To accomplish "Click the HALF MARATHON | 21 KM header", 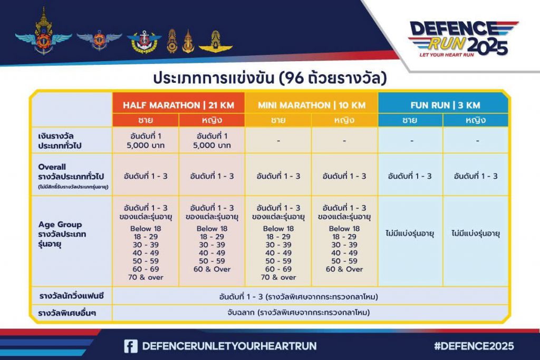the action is pyautogui.click(x=178, y=105).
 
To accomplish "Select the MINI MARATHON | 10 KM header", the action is pyautogui.click(x=312, y=105).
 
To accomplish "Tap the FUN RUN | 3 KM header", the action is pyautogui.click(x=445, y=105).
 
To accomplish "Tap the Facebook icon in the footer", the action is pyautogui.click(x=131, y=346).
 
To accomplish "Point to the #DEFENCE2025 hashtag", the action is pyautogui.click(x=474, y=346).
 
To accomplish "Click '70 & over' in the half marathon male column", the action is pyautogui.click(x=146, y=277).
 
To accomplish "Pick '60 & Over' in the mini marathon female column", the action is pyautogui.click(x=344, y=269).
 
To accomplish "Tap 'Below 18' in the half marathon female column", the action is pyautogui.click(x=212, y=229).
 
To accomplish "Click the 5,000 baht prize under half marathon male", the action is pyautogui.click(x=146, y=145).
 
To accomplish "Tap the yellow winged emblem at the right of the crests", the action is pyautogui.click(x=216, y=42).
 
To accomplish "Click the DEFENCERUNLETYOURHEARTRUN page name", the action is pyautogui.click(x=229, y=346).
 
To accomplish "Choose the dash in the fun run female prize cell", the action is pyautogui.click(x=477, y=141).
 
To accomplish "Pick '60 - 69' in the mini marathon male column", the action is pyautogui.click(x=278, y=269).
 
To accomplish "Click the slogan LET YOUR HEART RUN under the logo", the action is pyautogui.click(x=447, y=55).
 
